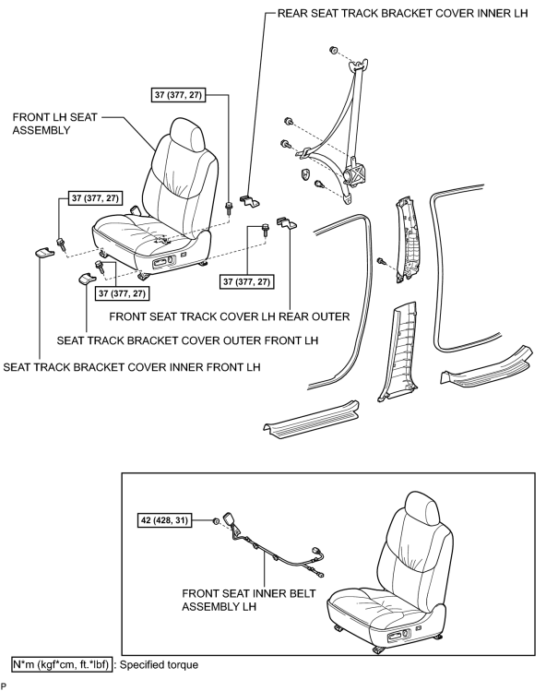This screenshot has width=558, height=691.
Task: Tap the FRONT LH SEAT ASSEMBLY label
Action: (x=54, y=124)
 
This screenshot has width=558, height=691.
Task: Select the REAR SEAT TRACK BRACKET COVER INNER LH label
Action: (x=402, y=13)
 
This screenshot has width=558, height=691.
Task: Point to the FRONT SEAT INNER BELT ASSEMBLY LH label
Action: (x=248, y=600)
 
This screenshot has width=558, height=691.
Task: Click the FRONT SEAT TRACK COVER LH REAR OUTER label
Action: (x=229, y=316)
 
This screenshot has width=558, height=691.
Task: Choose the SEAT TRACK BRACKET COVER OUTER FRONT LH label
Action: (x=187, y=340)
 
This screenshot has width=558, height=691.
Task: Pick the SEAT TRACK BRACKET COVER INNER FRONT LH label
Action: (x=132, y=367)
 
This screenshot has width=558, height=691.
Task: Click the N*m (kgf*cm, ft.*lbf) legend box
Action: (x=61, y=664)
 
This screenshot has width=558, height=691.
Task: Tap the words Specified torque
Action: (x=159, y=664)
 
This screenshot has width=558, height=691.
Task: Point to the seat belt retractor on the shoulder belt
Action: (x=356, y=173)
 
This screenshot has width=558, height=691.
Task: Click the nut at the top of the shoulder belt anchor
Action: (x=333, y=50)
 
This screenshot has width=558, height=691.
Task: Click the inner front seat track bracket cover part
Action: (x=43, y=253)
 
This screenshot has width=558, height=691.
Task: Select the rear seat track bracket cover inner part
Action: (x=250, y=201)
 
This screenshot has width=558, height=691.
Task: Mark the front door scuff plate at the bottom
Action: (x=312, y=419)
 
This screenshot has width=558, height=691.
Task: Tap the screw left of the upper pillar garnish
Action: (x=381, y=261)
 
